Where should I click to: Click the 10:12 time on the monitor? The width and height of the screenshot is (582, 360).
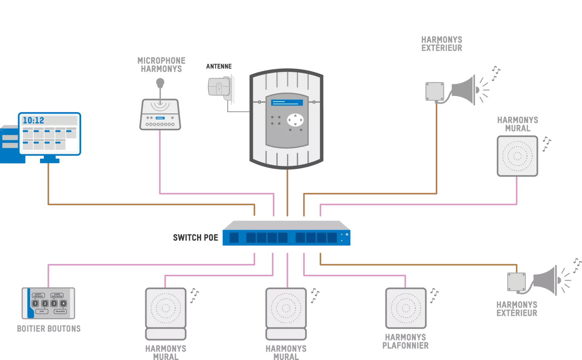click(33, 120)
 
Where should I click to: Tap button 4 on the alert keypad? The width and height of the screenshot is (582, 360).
click(63, 303)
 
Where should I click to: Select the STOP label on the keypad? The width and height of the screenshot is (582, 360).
click(42, 312)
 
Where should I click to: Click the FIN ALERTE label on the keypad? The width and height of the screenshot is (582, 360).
click(60, 312)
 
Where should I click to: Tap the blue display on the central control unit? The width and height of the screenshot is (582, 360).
click(287, 103)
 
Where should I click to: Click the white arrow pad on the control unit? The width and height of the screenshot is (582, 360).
click(295, 119)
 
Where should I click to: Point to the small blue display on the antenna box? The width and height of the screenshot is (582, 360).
click(160, 118)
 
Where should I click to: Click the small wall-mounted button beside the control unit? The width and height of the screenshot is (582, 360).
click(219, 88)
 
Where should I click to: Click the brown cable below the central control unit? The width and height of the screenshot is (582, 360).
click(287, 192)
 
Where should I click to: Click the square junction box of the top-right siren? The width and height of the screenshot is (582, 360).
click(436, 92)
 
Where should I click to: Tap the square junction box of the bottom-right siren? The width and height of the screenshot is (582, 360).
click(517, 281)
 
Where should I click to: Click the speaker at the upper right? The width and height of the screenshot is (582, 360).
click(517, 156)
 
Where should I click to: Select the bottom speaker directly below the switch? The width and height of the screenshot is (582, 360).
click(286, 308)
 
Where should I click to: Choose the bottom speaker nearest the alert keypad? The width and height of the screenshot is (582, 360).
click(166, 308)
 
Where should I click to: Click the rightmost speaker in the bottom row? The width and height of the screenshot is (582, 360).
click(406, 308)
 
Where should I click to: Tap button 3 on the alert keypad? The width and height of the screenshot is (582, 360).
click(54, 303)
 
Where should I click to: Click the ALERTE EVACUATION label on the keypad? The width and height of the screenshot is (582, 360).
click(57, 296)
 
